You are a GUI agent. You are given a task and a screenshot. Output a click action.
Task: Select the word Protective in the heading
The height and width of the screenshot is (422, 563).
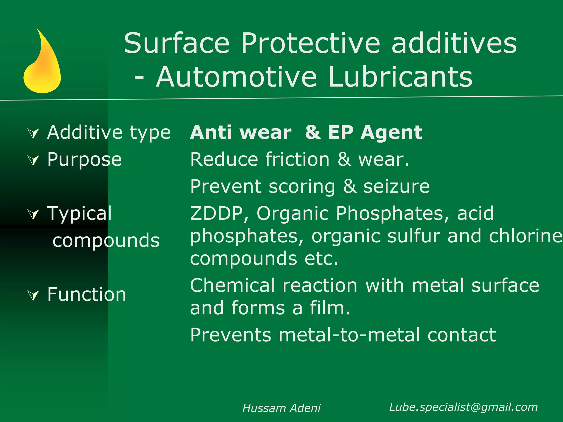311,43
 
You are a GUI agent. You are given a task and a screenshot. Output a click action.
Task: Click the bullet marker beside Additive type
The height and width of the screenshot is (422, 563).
34,134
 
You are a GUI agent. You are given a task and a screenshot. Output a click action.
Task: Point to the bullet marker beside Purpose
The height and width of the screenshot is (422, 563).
34,160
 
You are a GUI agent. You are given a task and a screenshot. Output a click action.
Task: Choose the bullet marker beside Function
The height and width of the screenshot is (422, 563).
34,295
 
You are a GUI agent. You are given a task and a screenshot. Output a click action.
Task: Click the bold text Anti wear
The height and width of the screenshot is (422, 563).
241,132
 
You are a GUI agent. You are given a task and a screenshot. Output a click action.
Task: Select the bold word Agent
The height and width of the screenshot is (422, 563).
391,133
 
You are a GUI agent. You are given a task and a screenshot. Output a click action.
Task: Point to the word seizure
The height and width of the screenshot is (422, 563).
396,187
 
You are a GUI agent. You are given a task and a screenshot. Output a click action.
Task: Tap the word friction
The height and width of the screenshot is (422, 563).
297,159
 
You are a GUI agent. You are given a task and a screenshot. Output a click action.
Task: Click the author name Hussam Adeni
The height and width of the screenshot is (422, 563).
281,408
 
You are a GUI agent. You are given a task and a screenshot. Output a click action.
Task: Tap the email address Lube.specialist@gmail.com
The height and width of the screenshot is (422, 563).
463,407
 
